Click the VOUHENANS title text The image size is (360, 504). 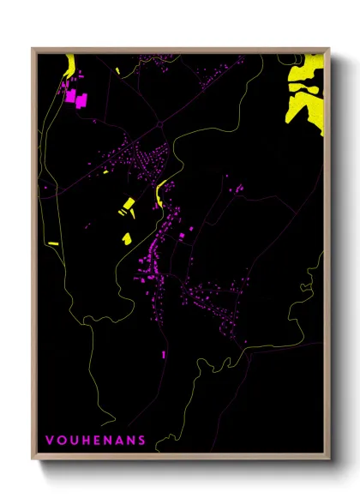click(95, 441)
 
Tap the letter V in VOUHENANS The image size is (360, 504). click(49, 441)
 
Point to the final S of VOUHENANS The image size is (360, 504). click(141, 441)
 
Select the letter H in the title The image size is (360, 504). click(84, 441)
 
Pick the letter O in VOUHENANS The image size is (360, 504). click(60, 441)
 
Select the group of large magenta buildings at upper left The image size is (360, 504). click(75, 98)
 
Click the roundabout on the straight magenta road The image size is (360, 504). click(159, 125)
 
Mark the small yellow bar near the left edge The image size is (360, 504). click(53, 243)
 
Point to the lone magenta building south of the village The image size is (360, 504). click(163, 352)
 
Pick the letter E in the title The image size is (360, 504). click(96, 441)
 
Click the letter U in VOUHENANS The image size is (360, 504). click(72, 441)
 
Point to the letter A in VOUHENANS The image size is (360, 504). click(118, 441)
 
